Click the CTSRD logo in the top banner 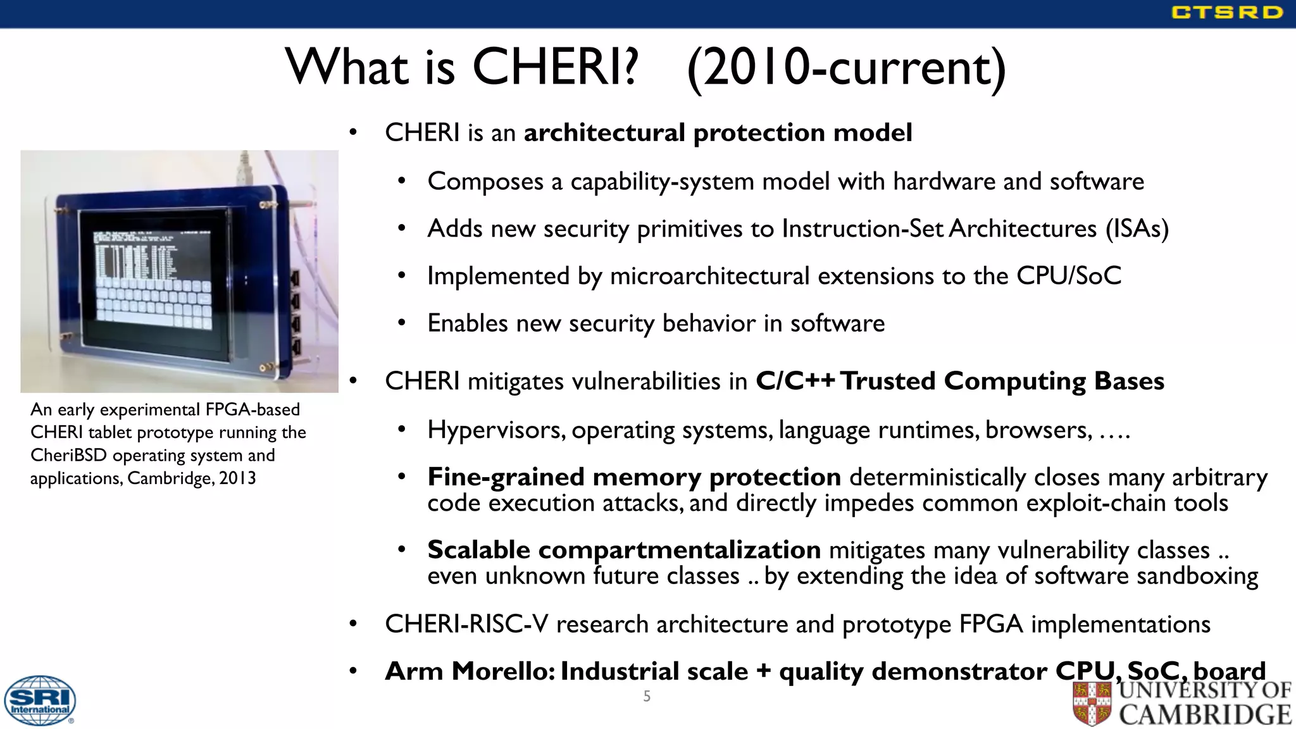coord(1226,13)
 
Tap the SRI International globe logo coord(40,701)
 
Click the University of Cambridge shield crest coord(1092,703)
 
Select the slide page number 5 coord(647,697)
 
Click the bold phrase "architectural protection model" coord(718,133)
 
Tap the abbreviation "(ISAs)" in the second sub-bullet coord(1137,228)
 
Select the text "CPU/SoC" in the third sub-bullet coord(1069,276)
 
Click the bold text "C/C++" coord(795,381)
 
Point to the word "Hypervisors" coord(496,430)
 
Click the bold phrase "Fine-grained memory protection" coord(634,477)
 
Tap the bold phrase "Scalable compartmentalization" coord(624,550)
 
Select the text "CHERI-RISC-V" coord(466,625)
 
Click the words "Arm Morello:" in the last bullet coord(470,671)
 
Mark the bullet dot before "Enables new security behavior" coord(401,323)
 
